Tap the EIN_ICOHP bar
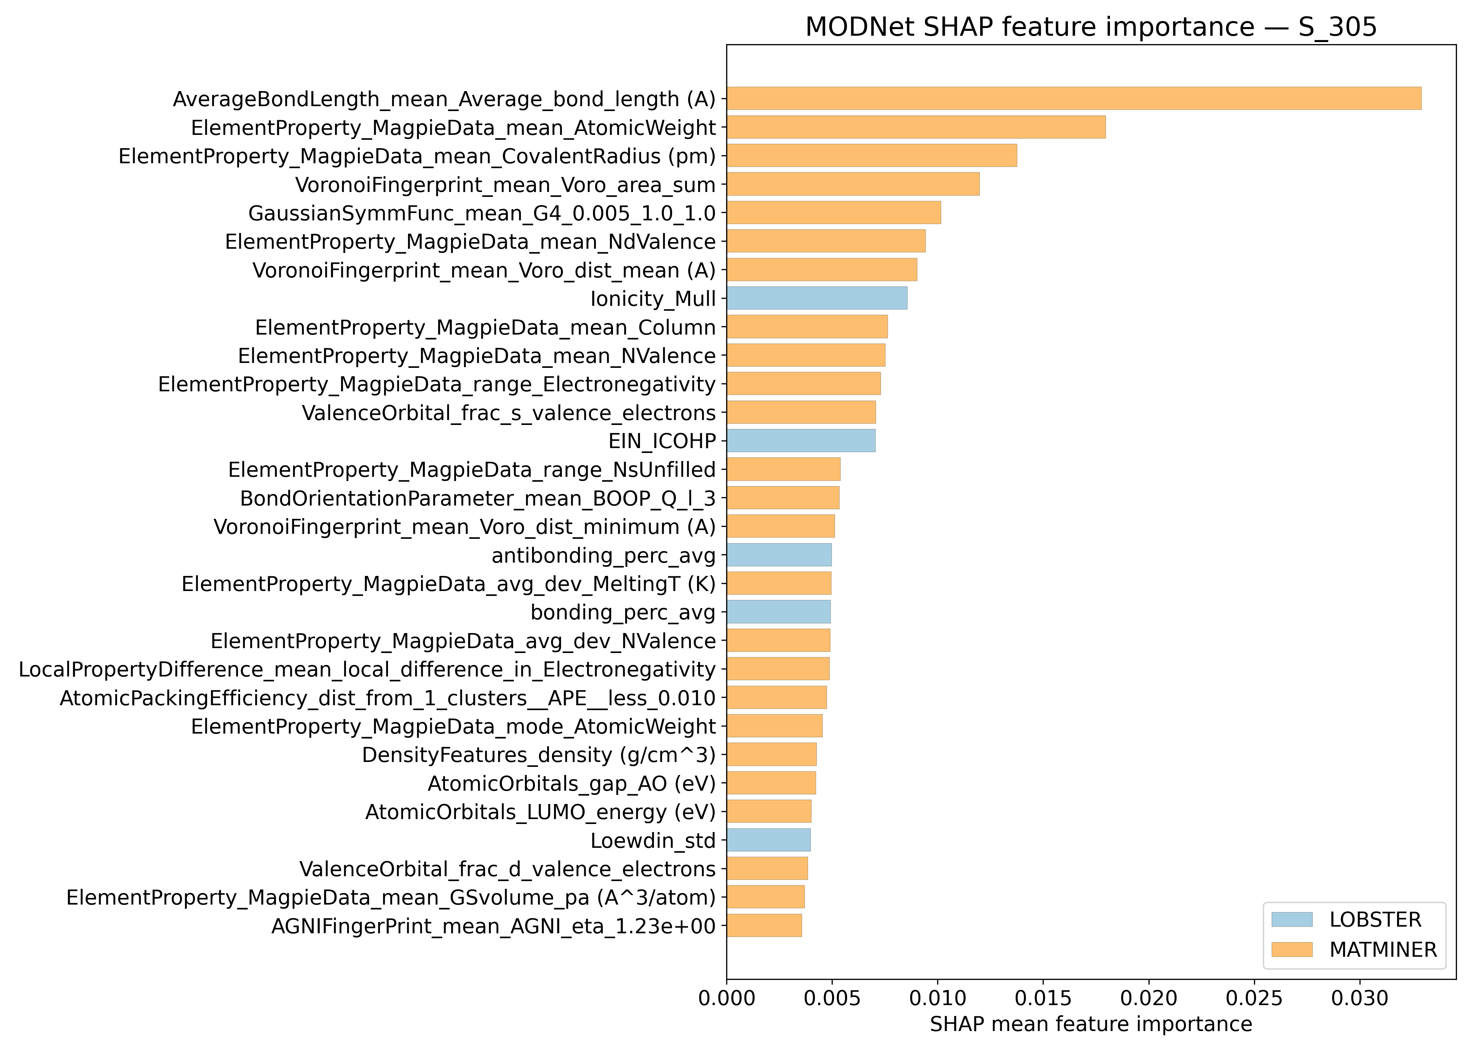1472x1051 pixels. pyautogui.click(x=801, y=441)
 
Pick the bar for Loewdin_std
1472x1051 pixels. pyautogui.click(x=768, y=840)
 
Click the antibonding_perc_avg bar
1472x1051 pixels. pyautogui.click(x=779, y=555)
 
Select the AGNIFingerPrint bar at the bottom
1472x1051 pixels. pyautogui.click(x=764, y=926)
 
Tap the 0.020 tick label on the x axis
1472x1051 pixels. pyautogui.click(x=1149, y=998)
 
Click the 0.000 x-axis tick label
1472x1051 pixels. pyautogui.click(x=726, y=998)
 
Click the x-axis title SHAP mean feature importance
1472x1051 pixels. pyautogui.click(x=1091, y=1024)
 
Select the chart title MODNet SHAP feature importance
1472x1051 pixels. pyautogui.click(x=1091, y=27)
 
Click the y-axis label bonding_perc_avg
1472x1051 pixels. pyautogui.click(x=623, y=612)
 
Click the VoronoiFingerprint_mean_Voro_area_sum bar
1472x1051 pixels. pyautogui.click(x=852, y=184)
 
